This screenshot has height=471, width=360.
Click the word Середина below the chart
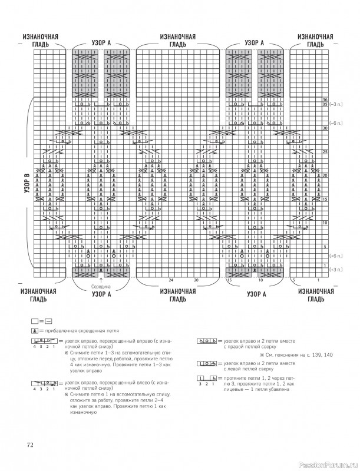tap(101, 286)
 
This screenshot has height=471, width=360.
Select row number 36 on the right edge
tap(325, 99)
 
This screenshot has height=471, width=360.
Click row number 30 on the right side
tap(325, 128)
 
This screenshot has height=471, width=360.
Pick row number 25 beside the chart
tap(325, 151)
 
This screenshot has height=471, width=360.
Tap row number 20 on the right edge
tap(325, 175)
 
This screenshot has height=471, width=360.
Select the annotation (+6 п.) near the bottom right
tap(337, 256)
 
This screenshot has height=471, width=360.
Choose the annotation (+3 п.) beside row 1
tap(337, 270)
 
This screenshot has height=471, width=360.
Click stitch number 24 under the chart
tap(170, 279)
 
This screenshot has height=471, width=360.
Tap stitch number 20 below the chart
tap(196, 279)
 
